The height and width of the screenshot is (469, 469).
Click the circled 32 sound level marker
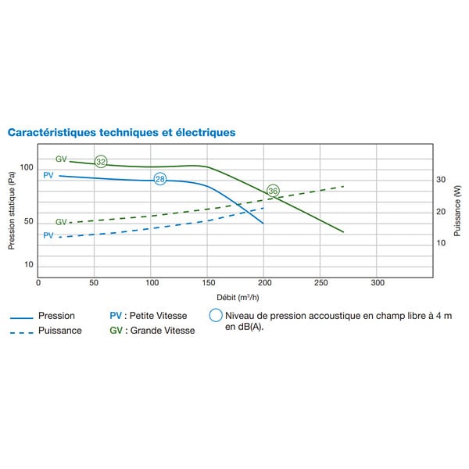click(x=101, y=162)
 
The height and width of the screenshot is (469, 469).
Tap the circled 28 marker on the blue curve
click(x=160, y=179)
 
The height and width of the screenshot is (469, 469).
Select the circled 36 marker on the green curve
click(x=273, y=191)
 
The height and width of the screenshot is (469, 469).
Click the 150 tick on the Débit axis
click(x=209, y=283)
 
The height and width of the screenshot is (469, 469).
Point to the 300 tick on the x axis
click(x=378, y=283)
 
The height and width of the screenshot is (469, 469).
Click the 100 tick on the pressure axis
click(x=27, y=167)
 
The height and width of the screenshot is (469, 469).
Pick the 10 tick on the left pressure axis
click(x=29, y=264)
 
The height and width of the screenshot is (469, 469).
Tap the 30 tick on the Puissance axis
click(x=441, y=180)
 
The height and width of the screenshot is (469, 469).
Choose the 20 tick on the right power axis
click(x=441, y=212)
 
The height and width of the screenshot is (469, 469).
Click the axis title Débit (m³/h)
click(x=238, y=298)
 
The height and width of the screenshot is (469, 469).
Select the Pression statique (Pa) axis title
click(x=12, y=210)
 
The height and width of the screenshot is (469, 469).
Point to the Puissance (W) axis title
click(x=457, y=211)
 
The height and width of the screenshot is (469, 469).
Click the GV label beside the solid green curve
click(x=61, y=159)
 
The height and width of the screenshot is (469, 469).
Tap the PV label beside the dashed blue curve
click(x=48, y=235)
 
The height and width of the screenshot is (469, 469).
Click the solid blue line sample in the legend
click(x=22, y=318)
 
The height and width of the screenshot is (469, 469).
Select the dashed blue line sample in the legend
click(x=22, y=333)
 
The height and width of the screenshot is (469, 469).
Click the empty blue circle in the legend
click(x=216, y=315)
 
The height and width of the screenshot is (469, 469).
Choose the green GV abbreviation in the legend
click(x=116, y=331)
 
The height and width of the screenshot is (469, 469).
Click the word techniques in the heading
click(x=129, y=133)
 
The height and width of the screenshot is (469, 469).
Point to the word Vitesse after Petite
click(x=174, y=316)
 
